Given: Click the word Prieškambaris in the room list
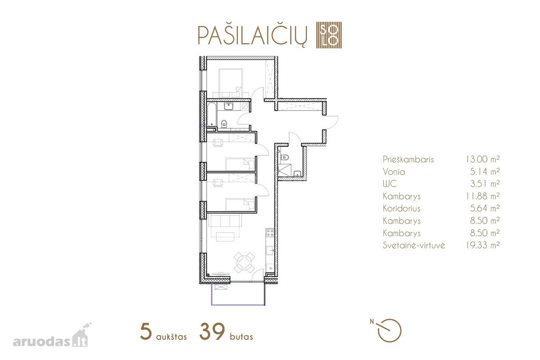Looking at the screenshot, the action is [x=408, y=159].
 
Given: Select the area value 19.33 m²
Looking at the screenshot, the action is [x=482, y=245].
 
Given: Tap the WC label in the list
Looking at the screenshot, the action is [x=390, y=184].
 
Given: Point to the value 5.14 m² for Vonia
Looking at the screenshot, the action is [x=485, y=172].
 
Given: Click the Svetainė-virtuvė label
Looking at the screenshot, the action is [x=414, y=245].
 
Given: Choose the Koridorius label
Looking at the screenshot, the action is [x=401, y=208].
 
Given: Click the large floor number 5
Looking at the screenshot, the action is [x=146, y=332].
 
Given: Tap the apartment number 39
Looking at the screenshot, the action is [x=212, y=332].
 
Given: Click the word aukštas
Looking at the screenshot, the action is [x=171, y=336].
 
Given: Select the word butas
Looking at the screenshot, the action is [x=241, y=336].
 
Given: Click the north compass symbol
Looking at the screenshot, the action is [x=387, y=330].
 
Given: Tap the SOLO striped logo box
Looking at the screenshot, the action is [x=329, y=35].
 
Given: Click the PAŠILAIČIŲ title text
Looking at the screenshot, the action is [x=252, y=35].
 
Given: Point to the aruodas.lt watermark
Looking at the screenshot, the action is [x=50, y=337].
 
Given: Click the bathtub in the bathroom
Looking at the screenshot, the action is [x=211, y=114].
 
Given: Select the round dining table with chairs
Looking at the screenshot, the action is [x=244, y=263].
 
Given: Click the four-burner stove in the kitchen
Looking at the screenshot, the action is [x=270, y=233].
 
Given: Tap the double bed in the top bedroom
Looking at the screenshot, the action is [x=230, y=83].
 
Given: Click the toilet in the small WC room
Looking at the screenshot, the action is [x=285, y=157].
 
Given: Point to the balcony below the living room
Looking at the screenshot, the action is [x=238, y=294].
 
